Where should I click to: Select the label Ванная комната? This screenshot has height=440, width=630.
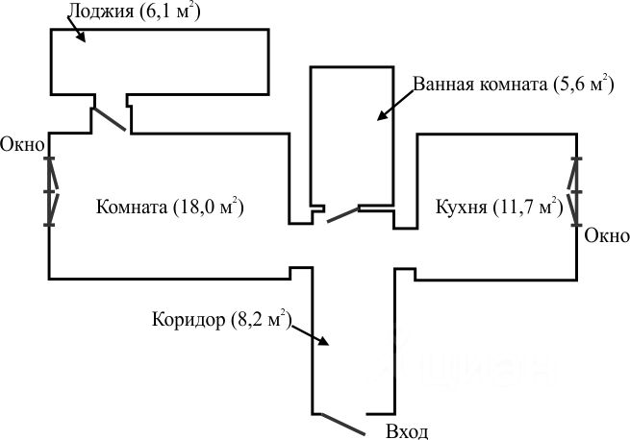(x=479, y=84)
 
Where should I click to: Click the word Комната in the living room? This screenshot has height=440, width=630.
(x=132, y=208)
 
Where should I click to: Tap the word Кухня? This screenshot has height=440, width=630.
(x=461, y=208)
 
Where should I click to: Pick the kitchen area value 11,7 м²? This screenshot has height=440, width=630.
(x=527, y=208)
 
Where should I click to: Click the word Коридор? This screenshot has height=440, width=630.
(x=188, y=319)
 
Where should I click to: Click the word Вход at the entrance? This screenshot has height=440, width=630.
(x=406, y=431)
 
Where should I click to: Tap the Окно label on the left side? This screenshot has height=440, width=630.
(x=22, y=146)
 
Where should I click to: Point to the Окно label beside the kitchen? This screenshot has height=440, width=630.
(x=607, y=236)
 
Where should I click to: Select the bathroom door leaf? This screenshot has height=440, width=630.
(x=341, y=214)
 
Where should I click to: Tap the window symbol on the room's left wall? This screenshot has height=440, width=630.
(x=51, y=191)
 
